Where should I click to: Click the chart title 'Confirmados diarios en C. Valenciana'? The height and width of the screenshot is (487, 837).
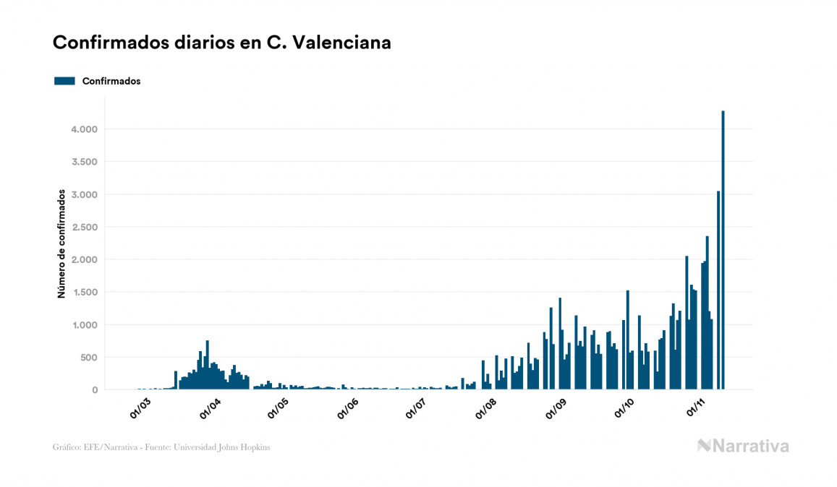point(222,43)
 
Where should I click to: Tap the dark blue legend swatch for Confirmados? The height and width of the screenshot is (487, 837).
point(64,81)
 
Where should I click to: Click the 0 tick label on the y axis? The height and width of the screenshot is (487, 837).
point(94,390)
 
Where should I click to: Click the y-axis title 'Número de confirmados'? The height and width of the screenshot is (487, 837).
point(62,243)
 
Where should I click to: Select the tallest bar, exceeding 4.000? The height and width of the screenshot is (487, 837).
point(723,250)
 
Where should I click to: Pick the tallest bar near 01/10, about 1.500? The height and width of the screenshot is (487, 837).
point(627,340)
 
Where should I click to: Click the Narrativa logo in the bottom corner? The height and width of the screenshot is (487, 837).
point(743,446)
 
